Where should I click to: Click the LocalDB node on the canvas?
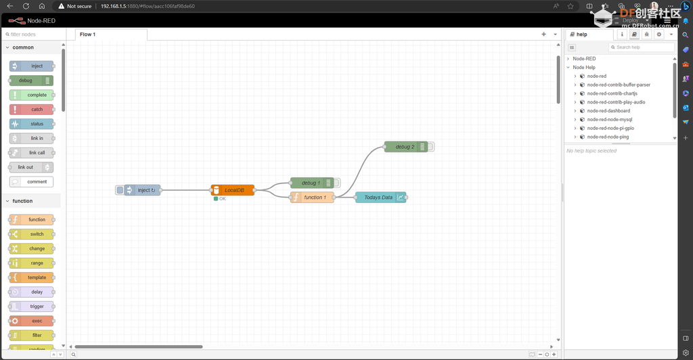233,190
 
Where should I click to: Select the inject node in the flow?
142,190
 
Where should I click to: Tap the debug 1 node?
311,183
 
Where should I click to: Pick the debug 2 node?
406,147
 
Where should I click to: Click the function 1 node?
312,198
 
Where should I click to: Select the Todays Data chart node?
380,198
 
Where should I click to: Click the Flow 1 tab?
87,35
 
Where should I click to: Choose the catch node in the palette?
31,109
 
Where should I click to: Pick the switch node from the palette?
31,234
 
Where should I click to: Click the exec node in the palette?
31,321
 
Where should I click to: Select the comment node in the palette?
31,181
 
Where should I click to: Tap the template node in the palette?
31,277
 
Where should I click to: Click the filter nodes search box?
33,35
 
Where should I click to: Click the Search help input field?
642,47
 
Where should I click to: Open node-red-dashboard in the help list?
608,111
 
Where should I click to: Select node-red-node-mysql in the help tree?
610,119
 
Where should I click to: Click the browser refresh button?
26,6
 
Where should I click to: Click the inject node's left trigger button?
119,190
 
